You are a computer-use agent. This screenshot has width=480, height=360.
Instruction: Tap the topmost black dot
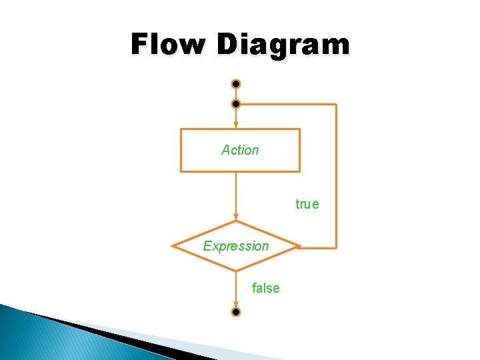236,85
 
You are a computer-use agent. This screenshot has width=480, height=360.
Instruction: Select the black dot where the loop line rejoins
236,105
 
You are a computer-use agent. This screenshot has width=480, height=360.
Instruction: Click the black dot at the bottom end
236,311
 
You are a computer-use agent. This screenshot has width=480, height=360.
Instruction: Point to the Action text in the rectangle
240,150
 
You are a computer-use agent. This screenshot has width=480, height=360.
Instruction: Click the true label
307,204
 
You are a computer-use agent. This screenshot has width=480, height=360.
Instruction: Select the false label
265,288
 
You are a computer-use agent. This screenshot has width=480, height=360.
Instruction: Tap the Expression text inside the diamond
236,246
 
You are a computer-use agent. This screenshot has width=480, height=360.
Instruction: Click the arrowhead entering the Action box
236,125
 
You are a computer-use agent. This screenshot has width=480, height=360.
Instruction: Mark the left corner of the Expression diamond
173,246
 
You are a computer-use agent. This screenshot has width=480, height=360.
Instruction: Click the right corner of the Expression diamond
299,246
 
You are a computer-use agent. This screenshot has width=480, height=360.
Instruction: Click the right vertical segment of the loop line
337,177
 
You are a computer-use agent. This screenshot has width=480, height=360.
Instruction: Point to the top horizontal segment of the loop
287,105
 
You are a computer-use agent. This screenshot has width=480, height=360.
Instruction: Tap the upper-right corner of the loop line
337,105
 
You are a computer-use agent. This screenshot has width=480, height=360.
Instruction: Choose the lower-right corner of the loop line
337,247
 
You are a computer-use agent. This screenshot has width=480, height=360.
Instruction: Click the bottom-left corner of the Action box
181,171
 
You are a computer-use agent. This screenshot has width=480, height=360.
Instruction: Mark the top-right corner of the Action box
299,129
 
